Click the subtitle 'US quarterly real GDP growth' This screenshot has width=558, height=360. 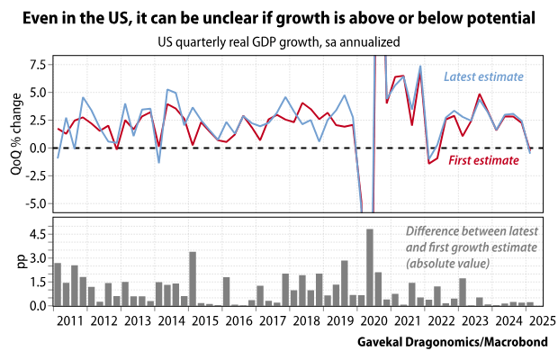pos(279,41)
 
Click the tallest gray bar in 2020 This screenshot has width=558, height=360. pos(370,267)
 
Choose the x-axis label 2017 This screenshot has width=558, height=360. pos(272,320)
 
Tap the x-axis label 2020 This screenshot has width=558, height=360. pos(373,320)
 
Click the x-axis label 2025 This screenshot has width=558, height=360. pos(541,320)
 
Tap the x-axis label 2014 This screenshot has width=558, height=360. pos(170,320)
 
